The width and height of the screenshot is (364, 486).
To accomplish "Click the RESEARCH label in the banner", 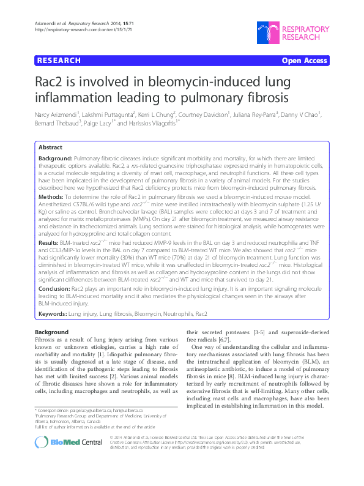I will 59,61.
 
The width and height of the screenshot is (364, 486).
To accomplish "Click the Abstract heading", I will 50,148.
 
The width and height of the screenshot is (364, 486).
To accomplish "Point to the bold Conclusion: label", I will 54,288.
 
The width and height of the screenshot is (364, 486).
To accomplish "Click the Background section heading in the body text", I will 52,332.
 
